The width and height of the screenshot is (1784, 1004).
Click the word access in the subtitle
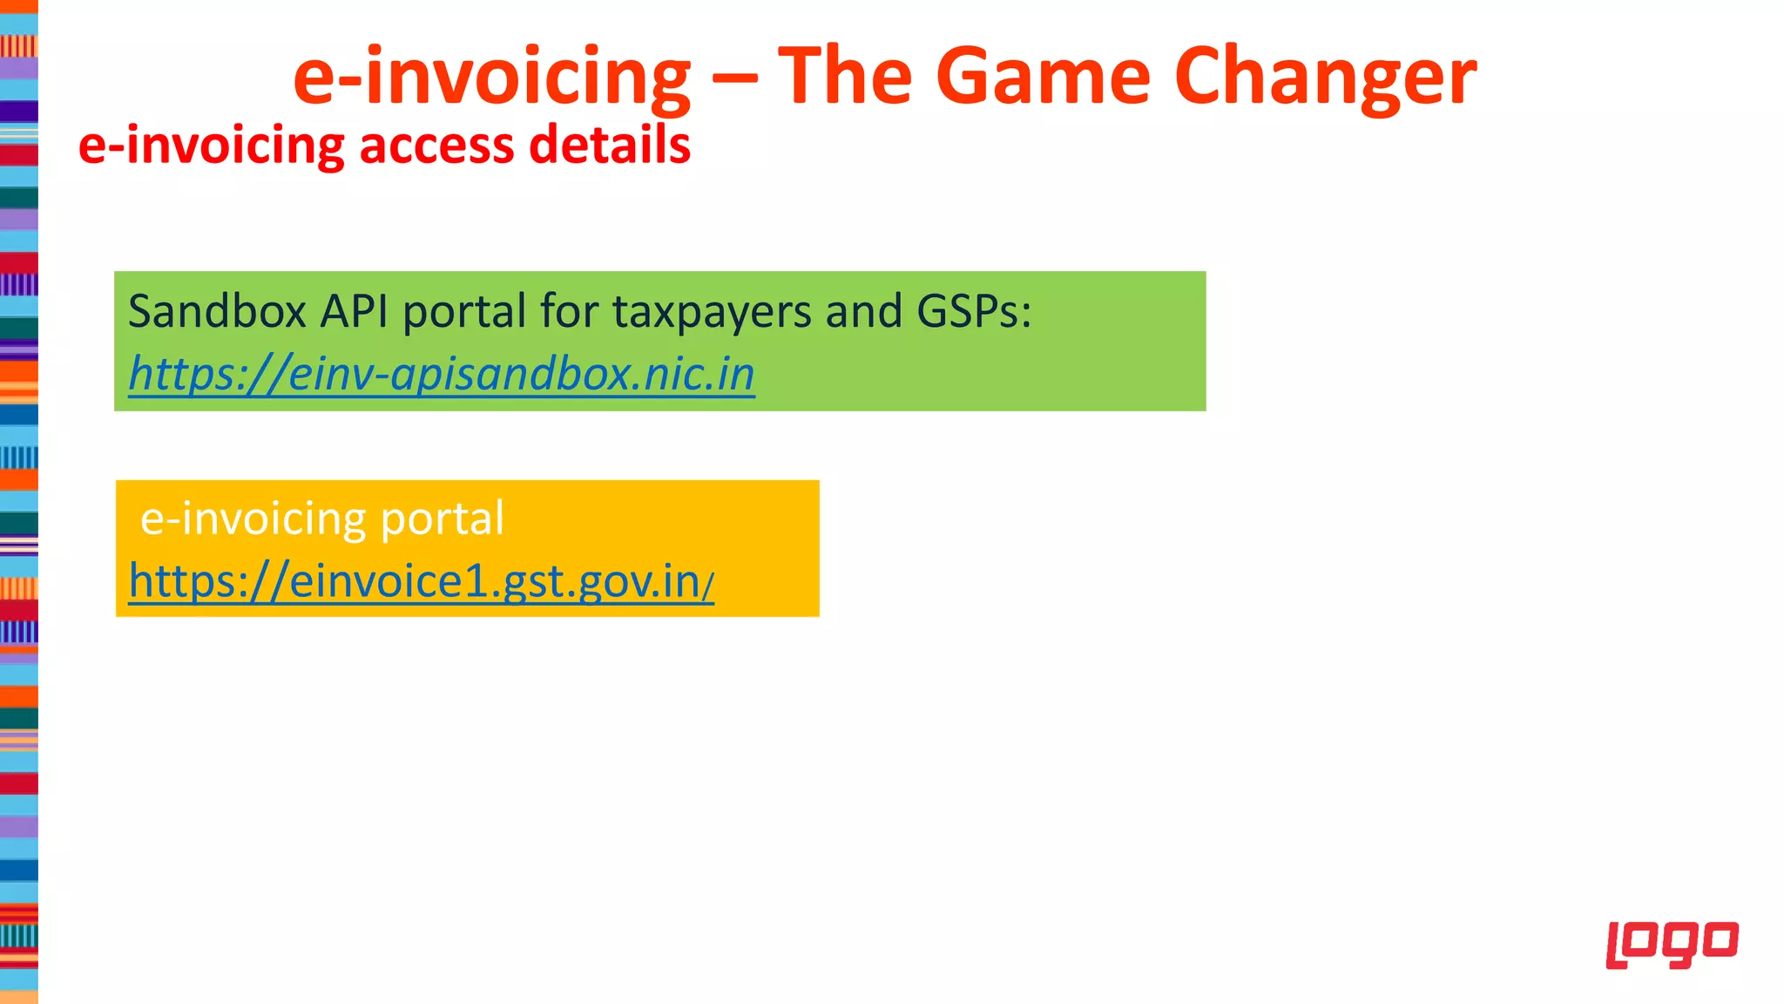point(436,145)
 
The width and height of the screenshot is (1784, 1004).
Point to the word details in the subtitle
point(609,145)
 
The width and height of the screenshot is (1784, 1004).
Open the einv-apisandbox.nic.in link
point(442,375)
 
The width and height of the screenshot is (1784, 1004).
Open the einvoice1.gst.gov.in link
point(421,581)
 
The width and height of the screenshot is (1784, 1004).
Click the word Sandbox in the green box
point(217,311)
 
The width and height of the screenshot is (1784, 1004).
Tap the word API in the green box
point(354,311)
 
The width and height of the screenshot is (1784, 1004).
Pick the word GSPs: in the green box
point(973,311)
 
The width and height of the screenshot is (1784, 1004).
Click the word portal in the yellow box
point(443,519)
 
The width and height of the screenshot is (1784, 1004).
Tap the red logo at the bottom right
point(1672,944)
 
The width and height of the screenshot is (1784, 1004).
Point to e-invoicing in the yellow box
point(253,519)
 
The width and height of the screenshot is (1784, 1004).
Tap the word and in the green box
point(863,311)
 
